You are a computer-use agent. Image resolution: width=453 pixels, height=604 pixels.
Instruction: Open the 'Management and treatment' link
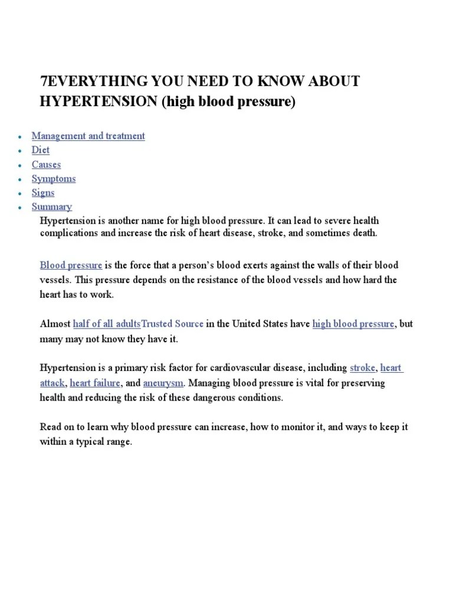coord(88,136)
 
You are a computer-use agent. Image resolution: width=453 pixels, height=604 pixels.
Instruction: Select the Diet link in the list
coord(41,150)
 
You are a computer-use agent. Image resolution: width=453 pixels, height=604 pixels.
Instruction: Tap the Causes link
coord(46,165)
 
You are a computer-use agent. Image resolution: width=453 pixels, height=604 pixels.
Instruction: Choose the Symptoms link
coord(54,179)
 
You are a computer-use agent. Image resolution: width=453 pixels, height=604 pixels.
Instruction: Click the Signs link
coord(43,193)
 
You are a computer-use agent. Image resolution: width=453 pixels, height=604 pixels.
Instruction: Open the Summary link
coord(52,207)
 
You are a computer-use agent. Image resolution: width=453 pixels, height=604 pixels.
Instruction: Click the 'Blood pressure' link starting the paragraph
coord(71,265)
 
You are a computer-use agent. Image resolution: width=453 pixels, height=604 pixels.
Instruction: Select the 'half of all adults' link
coord(107,324)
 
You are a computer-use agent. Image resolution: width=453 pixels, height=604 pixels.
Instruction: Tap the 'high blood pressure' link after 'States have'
coord(353,324)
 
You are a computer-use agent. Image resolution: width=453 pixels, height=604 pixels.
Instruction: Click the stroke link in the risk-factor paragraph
coord(362,368)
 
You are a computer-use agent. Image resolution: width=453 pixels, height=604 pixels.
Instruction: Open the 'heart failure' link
coord(96,383)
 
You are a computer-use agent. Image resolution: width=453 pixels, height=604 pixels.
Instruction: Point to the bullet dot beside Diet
coord(19,151)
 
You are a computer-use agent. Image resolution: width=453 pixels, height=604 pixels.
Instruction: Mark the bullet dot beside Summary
coord(19,208)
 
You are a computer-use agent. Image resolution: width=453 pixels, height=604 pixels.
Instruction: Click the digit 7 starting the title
coord(43,81)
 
